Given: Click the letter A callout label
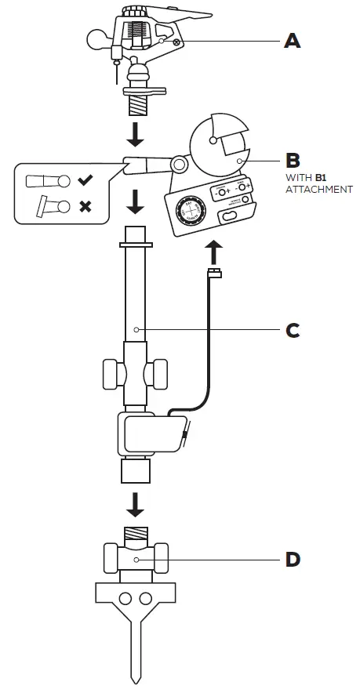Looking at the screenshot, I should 292,40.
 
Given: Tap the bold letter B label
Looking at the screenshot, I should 292,161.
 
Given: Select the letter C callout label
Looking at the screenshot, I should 292,331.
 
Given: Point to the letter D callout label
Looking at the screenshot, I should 292,560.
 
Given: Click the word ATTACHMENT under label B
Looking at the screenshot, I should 318,190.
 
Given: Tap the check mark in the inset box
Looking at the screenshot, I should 85,181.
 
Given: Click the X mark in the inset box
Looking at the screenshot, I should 85,207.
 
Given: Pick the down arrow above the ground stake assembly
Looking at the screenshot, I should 136,505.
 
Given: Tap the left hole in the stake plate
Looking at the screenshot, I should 125,599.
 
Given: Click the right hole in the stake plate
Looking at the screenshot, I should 146,599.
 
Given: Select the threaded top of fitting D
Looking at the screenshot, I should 136,534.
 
